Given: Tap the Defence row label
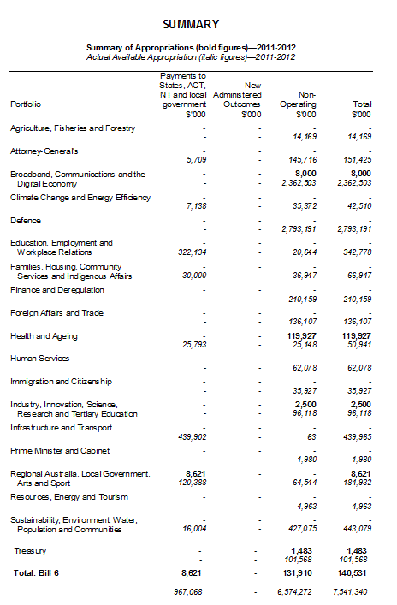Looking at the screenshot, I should [27, 220].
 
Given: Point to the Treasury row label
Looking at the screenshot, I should [30, 550].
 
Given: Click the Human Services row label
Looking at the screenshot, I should [39, 359].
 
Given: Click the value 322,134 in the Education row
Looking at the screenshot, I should [190, 252].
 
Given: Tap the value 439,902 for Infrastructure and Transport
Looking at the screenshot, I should [190, 438].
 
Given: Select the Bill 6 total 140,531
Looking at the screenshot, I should [355, 572].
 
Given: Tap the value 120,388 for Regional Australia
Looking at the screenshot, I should [190, 484].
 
